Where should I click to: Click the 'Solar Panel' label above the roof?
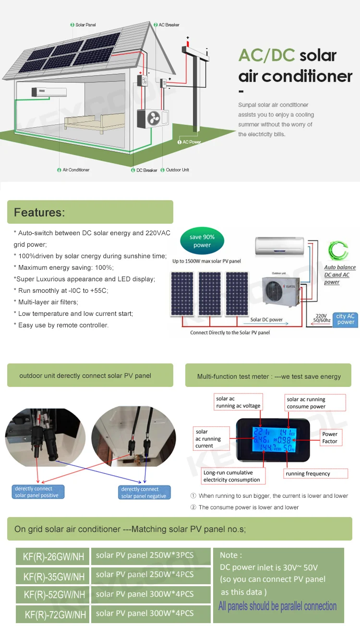point(85,24)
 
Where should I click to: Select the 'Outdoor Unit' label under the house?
point(177,170)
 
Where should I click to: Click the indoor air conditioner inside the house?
point(49,92)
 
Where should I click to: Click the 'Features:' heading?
point(39,212)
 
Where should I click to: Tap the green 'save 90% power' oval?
point(202,241)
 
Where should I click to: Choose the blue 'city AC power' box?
point(345,319)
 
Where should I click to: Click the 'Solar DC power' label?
point(266,320)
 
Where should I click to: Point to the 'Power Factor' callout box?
point(330,437)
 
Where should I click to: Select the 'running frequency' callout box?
point(308,474)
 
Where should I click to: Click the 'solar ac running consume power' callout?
point(315,403)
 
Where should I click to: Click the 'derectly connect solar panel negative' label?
point(144,493)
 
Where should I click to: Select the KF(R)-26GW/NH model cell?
point(53,557)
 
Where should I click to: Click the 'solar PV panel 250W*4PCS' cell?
point(144,574)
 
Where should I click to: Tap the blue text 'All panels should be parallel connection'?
point(277,606)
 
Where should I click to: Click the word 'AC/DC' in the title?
point(266,55)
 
